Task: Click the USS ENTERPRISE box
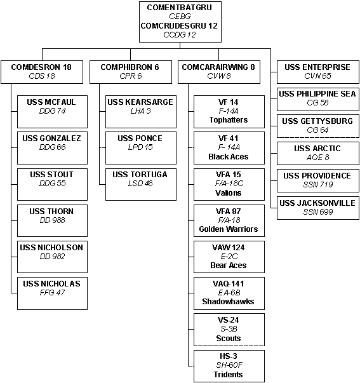[x=317, y=72]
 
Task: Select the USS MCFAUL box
[x=52, y=112]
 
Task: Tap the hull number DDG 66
[x=52, y=147]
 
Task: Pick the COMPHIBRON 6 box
[x=131, y=72]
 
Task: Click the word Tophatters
[x=229, y=120]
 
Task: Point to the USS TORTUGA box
[x=141, y=184]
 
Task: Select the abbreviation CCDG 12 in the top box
[x=180, y=35]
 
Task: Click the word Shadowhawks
[x=228, y=302]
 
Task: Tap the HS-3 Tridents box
[x=229, y=366]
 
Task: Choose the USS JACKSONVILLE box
[x=317, y=208]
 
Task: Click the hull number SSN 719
[x=317, y=184]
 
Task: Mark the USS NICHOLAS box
[x=52, y=293]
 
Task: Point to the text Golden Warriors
[x=229, y=229]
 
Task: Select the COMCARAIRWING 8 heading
[x=218, y=67]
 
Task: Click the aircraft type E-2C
[x=229, y=257]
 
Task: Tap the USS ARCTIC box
[x=317, y=154]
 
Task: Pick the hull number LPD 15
[x=140, y=147]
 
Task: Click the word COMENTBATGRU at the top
[x=179, y=8]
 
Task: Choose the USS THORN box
[x=52, y=220]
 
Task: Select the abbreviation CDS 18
[x=42, y=76]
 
